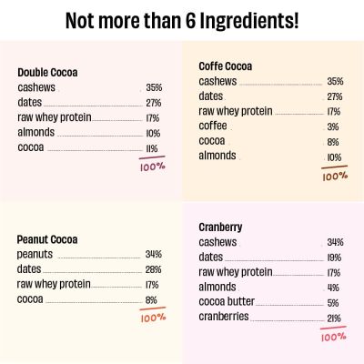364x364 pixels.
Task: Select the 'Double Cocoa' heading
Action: coord(47,73)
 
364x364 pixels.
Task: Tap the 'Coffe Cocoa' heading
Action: coord(226,66)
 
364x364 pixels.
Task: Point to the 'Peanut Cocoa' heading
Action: coord(47,240)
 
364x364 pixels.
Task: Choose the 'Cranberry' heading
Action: coord(220,227)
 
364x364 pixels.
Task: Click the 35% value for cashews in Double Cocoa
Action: coord(154,88)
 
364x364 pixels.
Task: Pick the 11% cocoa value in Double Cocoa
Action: coord(152,147)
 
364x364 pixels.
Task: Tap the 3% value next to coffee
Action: coord(333,126)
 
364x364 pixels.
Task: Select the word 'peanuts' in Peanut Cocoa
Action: coord(35,255)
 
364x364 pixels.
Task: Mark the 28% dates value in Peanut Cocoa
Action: coord(153,269)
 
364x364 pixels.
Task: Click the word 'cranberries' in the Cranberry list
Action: coord(224,317)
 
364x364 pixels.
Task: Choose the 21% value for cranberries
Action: coord(334,317)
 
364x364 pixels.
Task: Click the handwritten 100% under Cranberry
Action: coord(333,337)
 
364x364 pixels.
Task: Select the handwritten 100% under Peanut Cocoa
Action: coord(152,318)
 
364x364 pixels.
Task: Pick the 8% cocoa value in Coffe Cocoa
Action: coord(333,141)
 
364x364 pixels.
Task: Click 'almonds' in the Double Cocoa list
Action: coord(35,133)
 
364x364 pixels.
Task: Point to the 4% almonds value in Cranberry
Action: coord(333,287)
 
